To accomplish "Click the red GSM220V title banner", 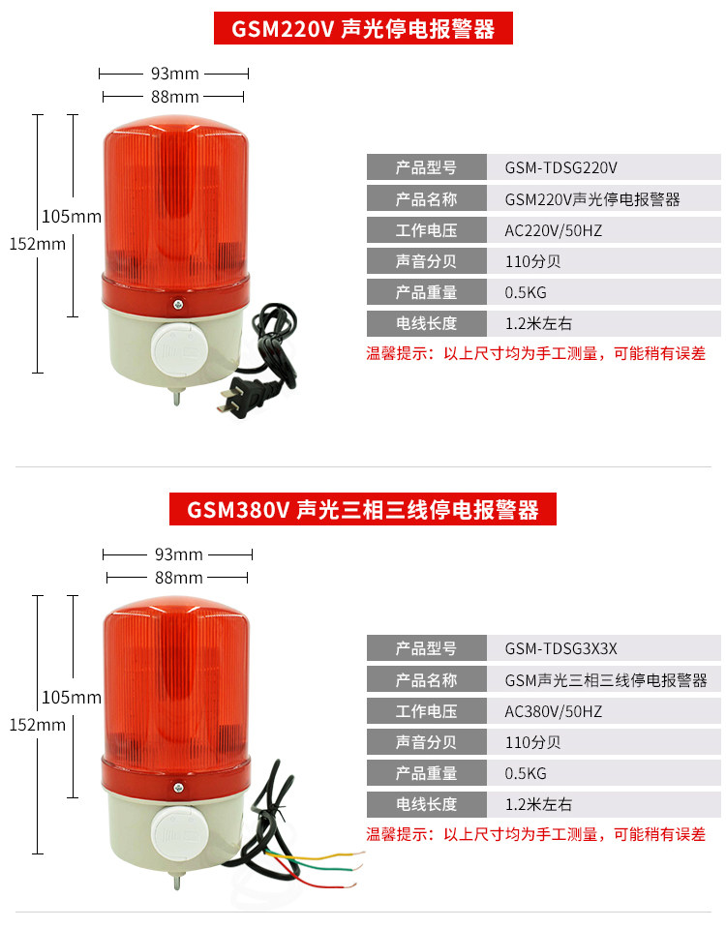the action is [x=362, y=29].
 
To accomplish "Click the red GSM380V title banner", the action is [x=362, y=509].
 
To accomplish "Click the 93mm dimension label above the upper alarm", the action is [x=174, y=74].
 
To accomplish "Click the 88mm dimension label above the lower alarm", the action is [x=178, y=578].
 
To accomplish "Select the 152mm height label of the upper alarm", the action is [x=37, y=244].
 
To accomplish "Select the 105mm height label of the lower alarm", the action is [x=71, y=697].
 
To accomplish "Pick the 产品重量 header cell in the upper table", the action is [x=426, y=292].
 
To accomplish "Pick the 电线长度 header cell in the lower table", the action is [x=426, y=804].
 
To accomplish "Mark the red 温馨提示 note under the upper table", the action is [x=535, y=353].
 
